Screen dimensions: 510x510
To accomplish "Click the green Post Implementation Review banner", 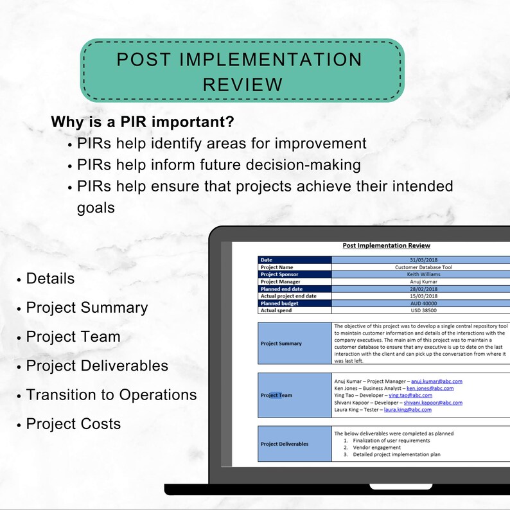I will [x=242, y=71].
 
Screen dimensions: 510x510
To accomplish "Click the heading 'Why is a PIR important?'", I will [x=142, y=121].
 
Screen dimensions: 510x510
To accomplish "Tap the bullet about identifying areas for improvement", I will [x=222, y=143].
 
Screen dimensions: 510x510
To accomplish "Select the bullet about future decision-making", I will [x=218, y=164].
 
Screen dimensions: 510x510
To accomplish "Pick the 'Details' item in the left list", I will [x=50, y=279].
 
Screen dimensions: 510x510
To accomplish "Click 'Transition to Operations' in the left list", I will [x=111, y=394].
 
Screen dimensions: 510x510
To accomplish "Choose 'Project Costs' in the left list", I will [x=73, y=424].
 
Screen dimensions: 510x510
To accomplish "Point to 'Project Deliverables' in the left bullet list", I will [x=97, y=365].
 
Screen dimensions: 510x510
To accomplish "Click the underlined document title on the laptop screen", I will [x=386, y=245].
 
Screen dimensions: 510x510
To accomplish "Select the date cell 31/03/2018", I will [x=421, y=260].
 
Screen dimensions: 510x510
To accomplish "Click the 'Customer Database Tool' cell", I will [x=421, y=267].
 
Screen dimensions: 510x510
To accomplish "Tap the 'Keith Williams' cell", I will [x=421, y=274].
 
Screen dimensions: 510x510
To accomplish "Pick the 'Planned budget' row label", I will [x=280, y=303].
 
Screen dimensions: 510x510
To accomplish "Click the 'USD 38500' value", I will [x=421, y=310].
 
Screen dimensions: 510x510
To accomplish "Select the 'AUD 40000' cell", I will [x=421, y=303].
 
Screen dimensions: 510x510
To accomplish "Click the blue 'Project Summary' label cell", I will [x=294, y=344].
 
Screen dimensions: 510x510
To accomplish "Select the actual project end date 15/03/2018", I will [x=421, y=296].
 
